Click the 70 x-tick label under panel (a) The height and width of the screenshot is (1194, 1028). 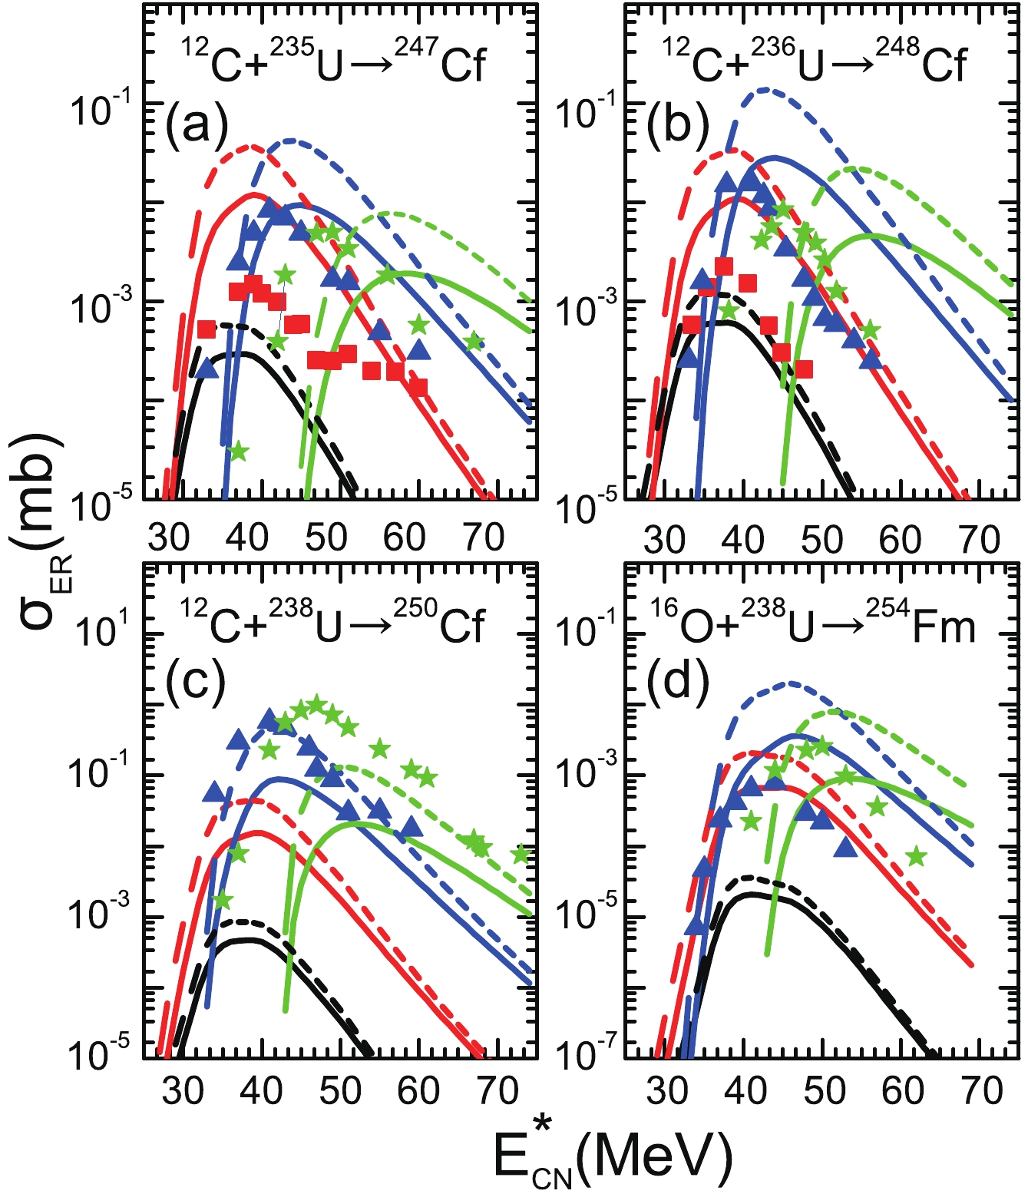[484, 538]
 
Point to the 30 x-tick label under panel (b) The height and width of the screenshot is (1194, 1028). [664, 540]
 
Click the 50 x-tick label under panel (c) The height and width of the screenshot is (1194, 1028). [340, 1090]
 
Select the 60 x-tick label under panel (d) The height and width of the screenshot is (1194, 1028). [902, 1090]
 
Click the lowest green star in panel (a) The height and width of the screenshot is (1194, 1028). [238, 451]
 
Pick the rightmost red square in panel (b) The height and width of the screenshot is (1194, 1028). [804, 369]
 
